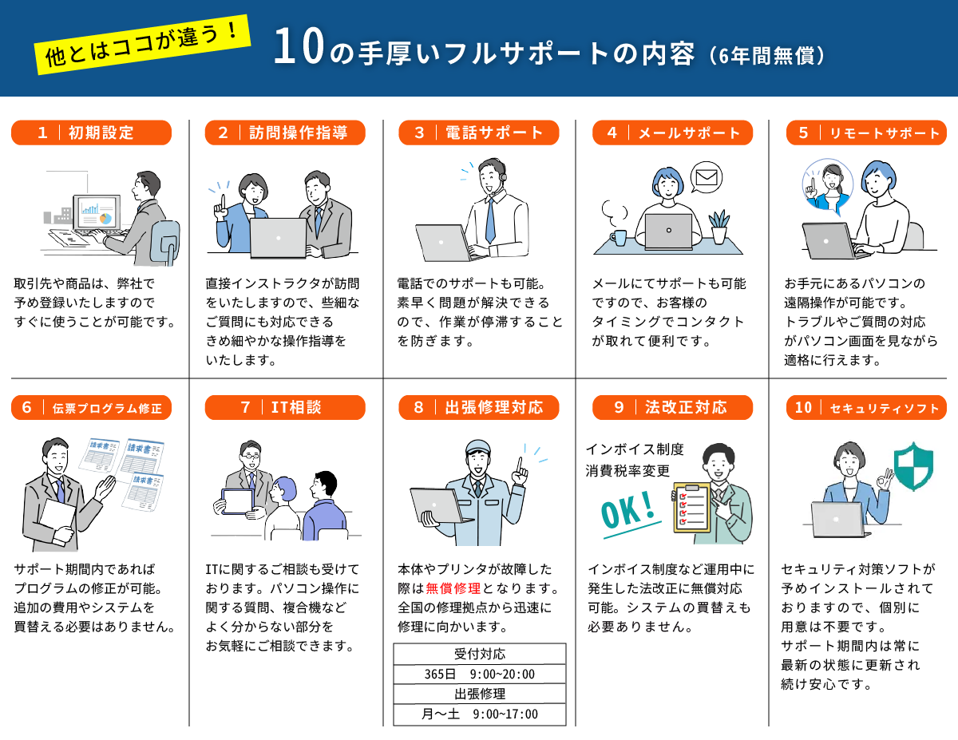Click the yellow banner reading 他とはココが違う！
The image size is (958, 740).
point(142,45)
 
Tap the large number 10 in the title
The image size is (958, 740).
point(299,46)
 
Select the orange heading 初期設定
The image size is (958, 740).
point(91,133)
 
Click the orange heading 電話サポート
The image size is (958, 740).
point(479,133)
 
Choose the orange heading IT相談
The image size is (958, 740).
point(285,407)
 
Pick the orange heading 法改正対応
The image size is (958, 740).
point(672,407)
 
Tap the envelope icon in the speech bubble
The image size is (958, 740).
point(707,178)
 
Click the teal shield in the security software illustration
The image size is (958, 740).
point(913,466)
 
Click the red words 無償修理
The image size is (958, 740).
point(453,588)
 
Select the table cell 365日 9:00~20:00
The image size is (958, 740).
point(480,674)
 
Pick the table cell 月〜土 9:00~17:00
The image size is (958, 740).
point(480,714)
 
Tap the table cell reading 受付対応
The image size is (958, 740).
point(480,654)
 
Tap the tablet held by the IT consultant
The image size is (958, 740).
point(238,501)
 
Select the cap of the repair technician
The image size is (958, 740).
point(478,446)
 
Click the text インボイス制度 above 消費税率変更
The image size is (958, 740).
point(635,449)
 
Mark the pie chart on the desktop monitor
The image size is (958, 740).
point(105,218)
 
